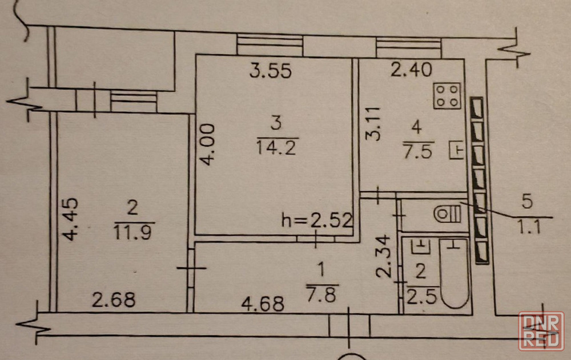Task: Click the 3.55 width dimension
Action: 271,71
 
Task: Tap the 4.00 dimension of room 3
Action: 208,144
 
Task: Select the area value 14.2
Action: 276,148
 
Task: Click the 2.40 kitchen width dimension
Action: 411,70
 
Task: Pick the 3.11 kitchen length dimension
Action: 373,124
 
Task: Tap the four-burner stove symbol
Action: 447,96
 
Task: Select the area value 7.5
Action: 418,151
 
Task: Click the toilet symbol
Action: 448,214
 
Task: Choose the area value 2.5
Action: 421,297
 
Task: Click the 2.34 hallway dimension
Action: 384,256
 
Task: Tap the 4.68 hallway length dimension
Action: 263,304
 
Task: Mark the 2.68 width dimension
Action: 114,300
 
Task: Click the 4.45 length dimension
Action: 70,219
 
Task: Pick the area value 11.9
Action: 132,232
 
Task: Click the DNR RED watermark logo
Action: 541,331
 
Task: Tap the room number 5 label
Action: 527,201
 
